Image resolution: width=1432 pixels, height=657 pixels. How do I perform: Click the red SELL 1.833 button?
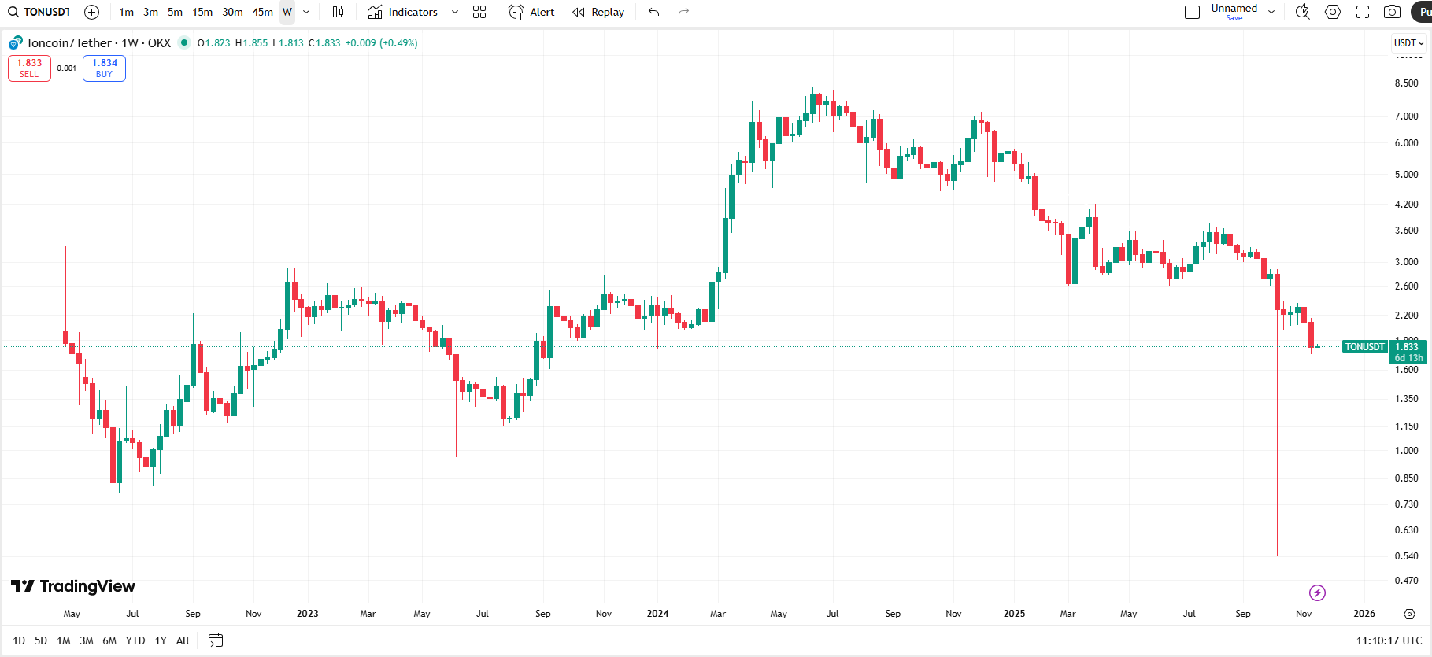[x=29, y=68]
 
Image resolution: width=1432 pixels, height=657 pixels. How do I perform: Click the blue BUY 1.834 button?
[x=104, y=68]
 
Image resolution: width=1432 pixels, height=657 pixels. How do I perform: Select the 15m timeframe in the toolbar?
[x=202, y=12]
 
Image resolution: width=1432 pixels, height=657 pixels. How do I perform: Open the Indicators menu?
[x=403, y=12]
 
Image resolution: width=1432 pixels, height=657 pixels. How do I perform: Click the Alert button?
[x=532, y=12]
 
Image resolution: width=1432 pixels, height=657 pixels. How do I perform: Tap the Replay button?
[x=598, y=12]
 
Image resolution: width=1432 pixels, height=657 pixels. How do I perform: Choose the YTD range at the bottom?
[x=135, y=640]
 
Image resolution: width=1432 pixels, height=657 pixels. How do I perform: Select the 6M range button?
[x=109, y=640]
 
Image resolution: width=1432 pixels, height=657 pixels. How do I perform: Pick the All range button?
[x=183, y=640]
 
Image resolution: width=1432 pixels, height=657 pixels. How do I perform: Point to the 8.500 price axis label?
[x=1406, y=83]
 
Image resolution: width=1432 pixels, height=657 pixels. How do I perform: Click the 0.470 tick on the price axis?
[x=1406, y=581]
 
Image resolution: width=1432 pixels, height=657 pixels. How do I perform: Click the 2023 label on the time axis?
[x=307, y=614]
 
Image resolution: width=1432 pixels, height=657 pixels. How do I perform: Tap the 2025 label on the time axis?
[x=1014, y=614]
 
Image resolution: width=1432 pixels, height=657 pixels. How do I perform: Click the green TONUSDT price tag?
[x=1364, y=347]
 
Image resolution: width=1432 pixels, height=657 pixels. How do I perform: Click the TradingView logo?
[x=73, y=586]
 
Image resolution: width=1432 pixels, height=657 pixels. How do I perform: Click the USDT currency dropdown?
[x=1408, y=43]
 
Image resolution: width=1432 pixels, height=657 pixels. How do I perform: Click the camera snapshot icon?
[x=1392, y=12]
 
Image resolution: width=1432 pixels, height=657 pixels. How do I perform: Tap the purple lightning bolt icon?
[x=1317, y=592]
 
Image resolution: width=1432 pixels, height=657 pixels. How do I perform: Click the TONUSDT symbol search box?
[x=40, y=12]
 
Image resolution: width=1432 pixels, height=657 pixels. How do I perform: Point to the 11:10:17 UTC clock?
[x=1389, y=640]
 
